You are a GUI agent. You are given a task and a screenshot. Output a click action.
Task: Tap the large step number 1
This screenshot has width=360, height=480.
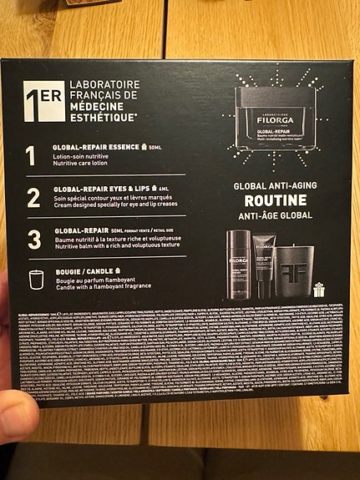pos(31,156)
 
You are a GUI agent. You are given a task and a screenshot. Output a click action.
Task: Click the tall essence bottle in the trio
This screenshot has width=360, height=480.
pos(236,265)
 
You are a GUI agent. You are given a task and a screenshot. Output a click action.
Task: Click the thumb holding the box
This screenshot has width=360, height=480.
pos(14,416)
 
